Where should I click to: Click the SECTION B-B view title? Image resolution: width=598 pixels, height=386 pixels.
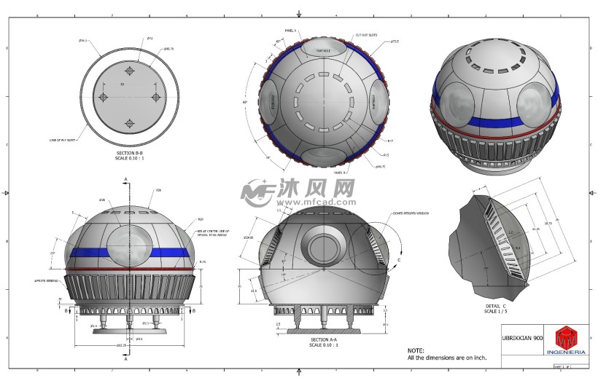[129, 152]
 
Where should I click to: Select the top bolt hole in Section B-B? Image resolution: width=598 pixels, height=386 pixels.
[129, 71]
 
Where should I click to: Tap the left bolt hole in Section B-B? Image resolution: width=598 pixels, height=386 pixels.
[104, 97]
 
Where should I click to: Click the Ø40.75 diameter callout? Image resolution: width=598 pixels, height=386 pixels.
[168, 49]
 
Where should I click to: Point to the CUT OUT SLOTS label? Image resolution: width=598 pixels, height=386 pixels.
[366, 35]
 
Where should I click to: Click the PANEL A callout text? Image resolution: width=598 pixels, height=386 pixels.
[290, 31]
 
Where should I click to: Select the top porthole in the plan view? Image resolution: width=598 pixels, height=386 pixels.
[322, 50]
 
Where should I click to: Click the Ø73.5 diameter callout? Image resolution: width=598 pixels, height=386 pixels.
[395, 42]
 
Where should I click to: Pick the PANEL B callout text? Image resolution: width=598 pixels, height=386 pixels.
[339, 173]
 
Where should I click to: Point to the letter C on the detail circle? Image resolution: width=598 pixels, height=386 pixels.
[399, 259]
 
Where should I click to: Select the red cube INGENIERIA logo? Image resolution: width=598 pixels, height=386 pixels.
[566, 337]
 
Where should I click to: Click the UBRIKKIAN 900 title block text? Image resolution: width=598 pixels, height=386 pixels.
[522, 338]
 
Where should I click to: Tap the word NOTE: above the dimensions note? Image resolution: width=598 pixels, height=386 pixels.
[416, 350]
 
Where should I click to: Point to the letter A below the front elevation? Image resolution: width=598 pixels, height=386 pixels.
[125, 359]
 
